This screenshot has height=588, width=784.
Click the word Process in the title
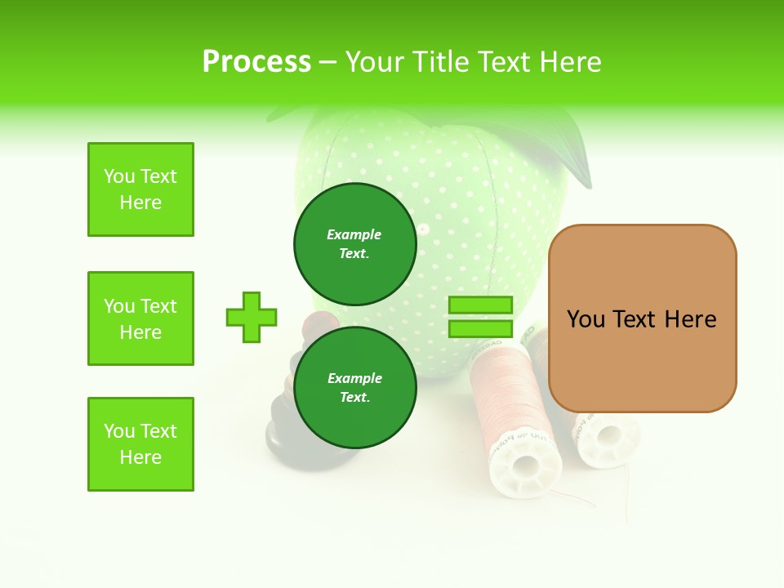coord(256,61)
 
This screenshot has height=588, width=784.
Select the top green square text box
coord(140,189)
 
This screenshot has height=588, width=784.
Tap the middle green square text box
coord(140,318)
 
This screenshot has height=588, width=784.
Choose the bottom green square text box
coord(140,444)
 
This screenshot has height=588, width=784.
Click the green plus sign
coord(252,317)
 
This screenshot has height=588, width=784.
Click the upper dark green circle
coord(354,243)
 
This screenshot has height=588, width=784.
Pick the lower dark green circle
coord(354,387)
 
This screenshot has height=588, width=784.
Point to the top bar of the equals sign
coord(480,305)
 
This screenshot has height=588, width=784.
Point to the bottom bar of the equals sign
coord(480,329)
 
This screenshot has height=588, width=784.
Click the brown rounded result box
coord(642,318)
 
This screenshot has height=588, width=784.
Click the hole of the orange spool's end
coord(525,467)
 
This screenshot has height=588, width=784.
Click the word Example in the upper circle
coord(354,234)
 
